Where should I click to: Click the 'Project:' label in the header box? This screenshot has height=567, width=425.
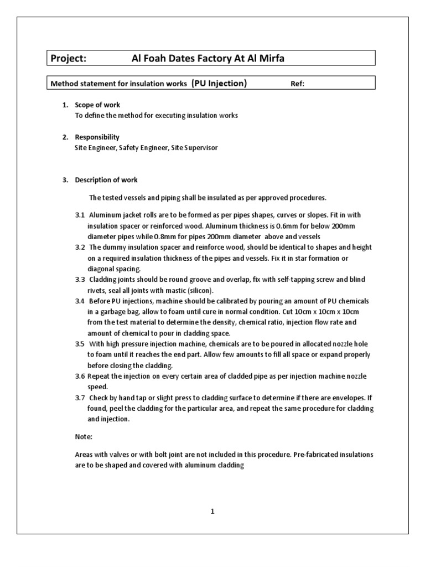(69, 58)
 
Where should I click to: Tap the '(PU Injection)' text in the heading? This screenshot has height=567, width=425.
(219, 84)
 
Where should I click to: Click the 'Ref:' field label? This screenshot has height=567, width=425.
(298, 84)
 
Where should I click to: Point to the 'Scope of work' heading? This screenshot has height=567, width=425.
(97, 105)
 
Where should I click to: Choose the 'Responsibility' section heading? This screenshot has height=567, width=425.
(97, 137)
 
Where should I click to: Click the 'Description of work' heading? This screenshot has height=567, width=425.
(106, 180)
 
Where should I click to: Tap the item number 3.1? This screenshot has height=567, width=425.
(80, 215)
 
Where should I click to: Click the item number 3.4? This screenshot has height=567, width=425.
(80, 301)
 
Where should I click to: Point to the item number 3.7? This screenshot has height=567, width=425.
(80, 398)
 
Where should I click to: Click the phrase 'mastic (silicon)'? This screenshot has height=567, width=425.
(191, 290)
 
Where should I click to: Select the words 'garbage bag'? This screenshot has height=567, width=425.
(112, 312)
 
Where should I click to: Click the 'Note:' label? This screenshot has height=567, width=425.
(83, 436)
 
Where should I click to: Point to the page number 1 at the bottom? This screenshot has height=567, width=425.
(212, 512)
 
